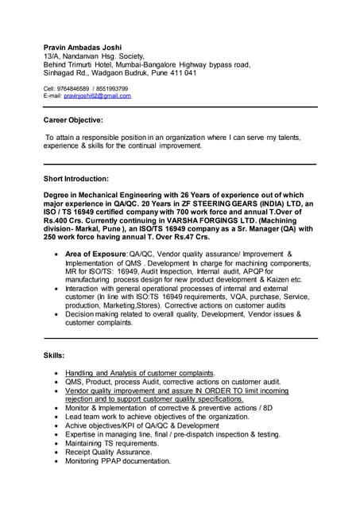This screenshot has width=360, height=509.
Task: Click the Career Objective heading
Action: point(73,120)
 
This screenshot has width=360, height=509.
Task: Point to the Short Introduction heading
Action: point(76,178)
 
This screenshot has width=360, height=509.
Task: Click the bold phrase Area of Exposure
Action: point(96,253)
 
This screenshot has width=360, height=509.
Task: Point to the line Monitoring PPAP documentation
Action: point(118,460)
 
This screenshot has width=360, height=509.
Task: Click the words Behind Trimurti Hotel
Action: point(82,64)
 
